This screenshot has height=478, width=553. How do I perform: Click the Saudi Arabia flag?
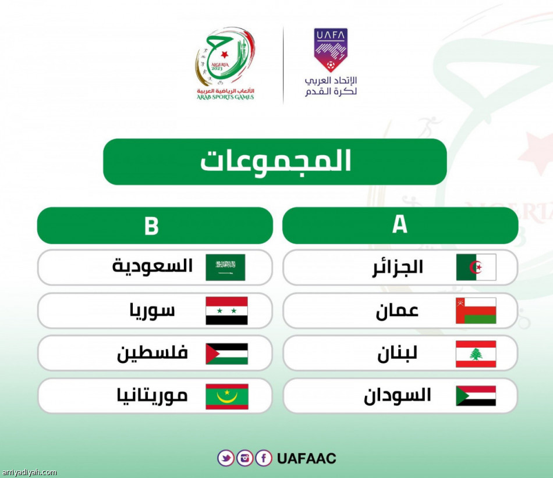pyautogui.click(x=225, y=267)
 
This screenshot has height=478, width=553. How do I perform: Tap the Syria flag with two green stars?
pyautogui.click(x=226, y=311)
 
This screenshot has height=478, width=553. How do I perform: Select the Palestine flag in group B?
pyautogui.click(x=226, y=354)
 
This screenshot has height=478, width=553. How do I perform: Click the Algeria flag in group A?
pyautogui.click(x=476, y=267)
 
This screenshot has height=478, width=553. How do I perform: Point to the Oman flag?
pyautogui.click(x=476, y=311)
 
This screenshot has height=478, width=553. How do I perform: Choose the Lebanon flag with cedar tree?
pyautogui.click(x=476, y=354)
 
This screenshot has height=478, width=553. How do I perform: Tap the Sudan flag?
pyautogui.click(x=476, y=396)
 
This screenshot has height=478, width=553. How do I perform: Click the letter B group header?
pyautogui.click(x=151, y=226)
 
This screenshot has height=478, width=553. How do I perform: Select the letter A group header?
pyautogui.click(x=400, y=225)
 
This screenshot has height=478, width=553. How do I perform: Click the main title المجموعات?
pyautogui.click(x=275, y=162)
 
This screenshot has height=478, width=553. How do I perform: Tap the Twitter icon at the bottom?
pyautogui.click(x=226, y=458)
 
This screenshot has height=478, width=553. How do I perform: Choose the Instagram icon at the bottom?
pyautogui.click(x=245, y=458)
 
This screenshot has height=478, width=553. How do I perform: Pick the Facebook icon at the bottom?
pyautogui.click(x=264, y=458)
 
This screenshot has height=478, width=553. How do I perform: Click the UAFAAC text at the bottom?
pyautogui.click(x=307, y=458)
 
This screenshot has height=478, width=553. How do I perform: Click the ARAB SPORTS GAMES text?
pyautogui.click(x=225, y=97)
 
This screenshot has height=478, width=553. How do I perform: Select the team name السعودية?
pyautogui.click(x=153, y=267)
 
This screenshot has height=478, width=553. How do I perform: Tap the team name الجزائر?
pyautogui.click(x=398, y=267)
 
